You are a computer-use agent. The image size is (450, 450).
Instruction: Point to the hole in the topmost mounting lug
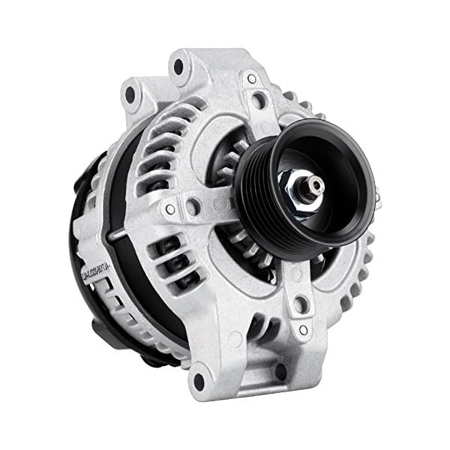tap(179, 65)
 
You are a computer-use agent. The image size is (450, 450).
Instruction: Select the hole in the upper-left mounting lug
tap(130, 95)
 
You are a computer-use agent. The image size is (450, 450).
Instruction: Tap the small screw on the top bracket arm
tap(252, 79)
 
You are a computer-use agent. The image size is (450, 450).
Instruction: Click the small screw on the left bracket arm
tap(171, 209)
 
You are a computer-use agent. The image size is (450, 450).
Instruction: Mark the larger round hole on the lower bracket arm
tap(300, 304)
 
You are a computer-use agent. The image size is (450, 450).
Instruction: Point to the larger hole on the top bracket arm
tap(259, 99)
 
